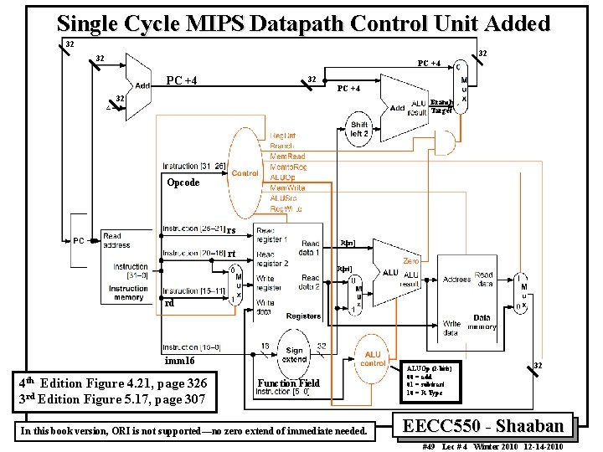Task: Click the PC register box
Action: click(x=80, y=240)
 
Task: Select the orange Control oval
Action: click(x=245, y=173)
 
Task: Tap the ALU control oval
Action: click(x=373, y=358)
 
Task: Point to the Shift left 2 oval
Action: click(x=359, y=130)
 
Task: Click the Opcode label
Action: click(x=183, y=182)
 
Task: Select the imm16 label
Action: click(x=179, y=361)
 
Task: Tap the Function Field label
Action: click(x=289, y=383)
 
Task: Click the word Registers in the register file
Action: click(x=302, y=316)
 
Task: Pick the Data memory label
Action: click(x=482, y=323)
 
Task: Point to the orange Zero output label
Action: click(x=411, y=261)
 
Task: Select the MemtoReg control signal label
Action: click(x=287, y=167)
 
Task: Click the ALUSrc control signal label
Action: click(x=285, y=198)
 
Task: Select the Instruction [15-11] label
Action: click(x=193, y=290)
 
